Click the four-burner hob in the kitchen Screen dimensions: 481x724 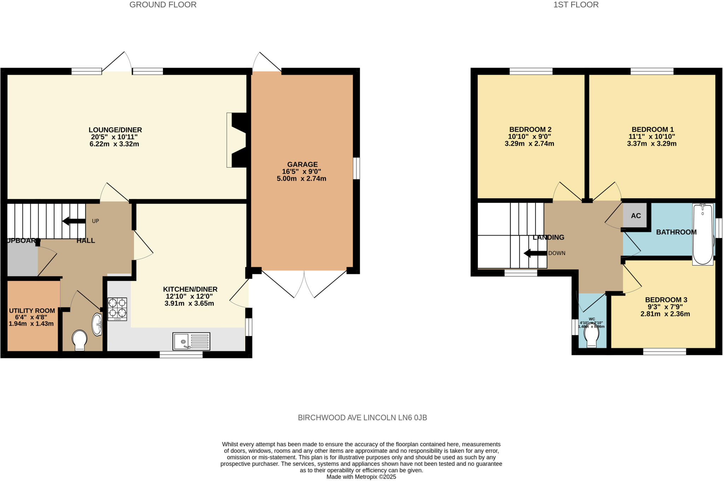tap(117, 309)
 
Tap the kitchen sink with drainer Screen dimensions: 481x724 tap(191, 341)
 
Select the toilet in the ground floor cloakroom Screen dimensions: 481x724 tap(80, 340)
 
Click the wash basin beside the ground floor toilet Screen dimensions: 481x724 tap(97, 324)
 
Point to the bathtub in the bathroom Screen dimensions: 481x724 tap(703, 234)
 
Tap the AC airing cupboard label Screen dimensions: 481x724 tap(636, 216)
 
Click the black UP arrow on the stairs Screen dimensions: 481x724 tap(74, 221)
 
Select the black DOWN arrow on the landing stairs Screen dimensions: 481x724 tap(535, 253)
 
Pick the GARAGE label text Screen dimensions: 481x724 tap(302, 164)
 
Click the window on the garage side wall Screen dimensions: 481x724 tap(357, 168)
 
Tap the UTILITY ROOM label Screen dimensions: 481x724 tap(32, 311)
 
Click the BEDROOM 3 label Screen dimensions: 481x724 tap(666, 300)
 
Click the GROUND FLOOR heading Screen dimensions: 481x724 tap(163, 5)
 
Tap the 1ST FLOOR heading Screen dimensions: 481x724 tap(576, 5)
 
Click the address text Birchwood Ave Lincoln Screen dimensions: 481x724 tap(362, 418)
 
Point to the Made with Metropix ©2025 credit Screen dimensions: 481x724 tap(361, 477)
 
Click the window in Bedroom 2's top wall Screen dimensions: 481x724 tap(531, 71)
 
